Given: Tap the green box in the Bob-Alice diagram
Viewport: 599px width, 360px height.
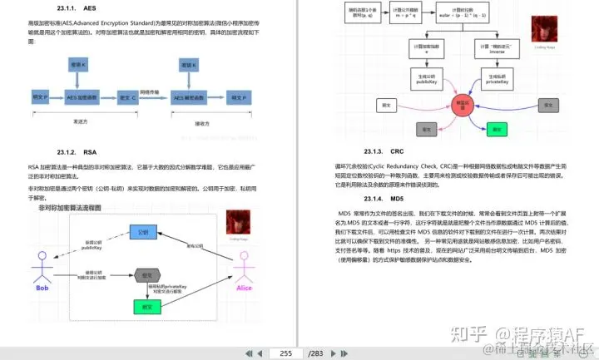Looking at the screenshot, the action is click(x=146, y=306).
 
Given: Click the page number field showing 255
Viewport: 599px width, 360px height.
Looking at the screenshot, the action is click(x=285, y=353).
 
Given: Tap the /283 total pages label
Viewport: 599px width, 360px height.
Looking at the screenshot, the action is click(x=315, y=353).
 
